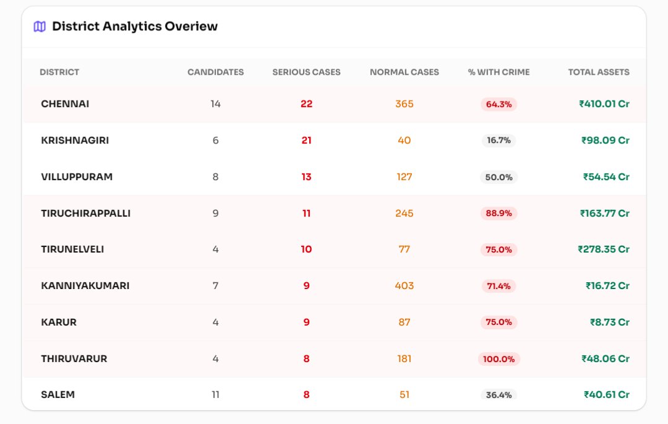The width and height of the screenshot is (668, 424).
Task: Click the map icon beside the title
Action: click(x=40, y=27)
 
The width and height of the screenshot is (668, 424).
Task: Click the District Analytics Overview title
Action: click(x=135, y=27)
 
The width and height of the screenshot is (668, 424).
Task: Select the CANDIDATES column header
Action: click(x=215, y=72)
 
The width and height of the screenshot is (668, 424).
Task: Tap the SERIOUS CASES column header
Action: click(x=306, y=72)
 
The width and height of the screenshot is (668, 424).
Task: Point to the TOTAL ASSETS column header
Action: click(x=599, y=72)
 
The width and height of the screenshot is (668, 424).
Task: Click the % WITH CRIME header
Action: click(x=499, y=72)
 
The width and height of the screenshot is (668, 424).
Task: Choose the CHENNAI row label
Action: click(x=65, y=104)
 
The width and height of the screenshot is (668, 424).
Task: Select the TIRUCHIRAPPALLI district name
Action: click(x=85, y=214)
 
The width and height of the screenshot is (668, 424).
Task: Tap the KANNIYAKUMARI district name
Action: click(x=85, y=286)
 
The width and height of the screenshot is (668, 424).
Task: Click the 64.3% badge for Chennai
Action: click(x=499, y=105)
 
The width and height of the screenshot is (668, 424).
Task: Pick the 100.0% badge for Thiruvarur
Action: click(x=499, y=359)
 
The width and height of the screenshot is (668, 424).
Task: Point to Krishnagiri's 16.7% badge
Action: click(x=499, y=141)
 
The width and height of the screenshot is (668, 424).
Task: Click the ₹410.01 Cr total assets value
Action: click(x=604, y=104)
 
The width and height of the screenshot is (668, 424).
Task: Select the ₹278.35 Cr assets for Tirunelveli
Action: click(x=604, y=249)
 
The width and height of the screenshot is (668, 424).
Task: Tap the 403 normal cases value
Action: click(x=405, y=286)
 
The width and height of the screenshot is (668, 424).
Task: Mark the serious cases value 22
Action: click(x=306, y=104)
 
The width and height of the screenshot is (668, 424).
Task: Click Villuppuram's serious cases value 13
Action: click(x=306, y=177)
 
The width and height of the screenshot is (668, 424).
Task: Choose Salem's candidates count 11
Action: click(x=215, y=395)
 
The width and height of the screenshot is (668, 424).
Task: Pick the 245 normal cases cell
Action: click(x=405, y=214)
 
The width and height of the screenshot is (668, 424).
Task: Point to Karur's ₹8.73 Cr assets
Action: click(x=610, y=322)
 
